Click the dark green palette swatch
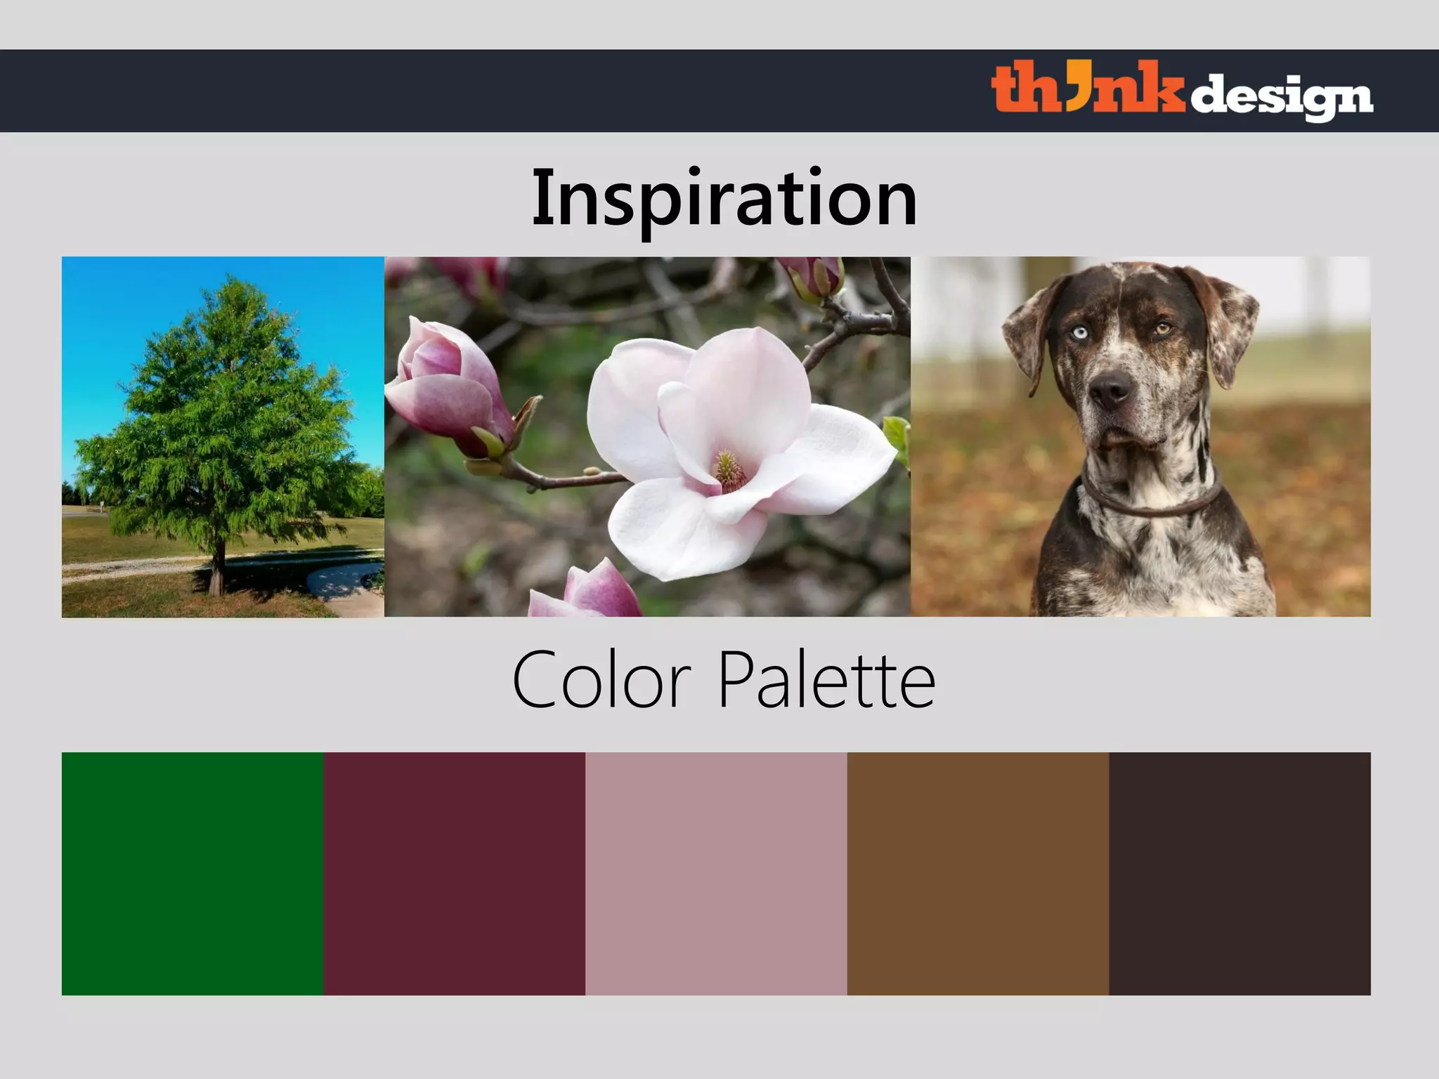tap(193, 873)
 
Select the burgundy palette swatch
tap(454, 873)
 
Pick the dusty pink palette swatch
tap(716, 873)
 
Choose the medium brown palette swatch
tap(977, 873)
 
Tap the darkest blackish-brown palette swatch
tap(1239, 873)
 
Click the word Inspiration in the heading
tap(724, 198)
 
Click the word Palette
tap(826, 680)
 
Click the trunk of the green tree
tap(219, 569)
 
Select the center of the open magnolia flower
tap(728, 469)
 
